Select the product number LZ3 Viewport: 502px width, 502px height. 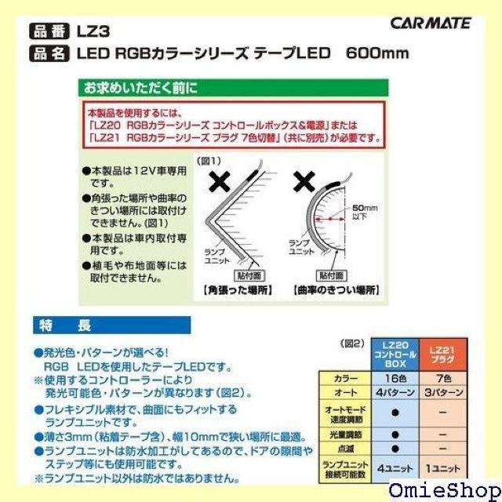(93, 32)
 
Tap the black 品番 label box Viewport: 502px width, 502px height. (50, 32)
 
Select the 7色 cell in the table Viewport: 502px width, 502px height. (445, 378)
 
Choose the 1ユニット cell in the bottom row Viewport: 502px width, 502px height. (445, 467)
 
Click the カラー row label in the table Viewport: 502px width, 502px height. (345, 378)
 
